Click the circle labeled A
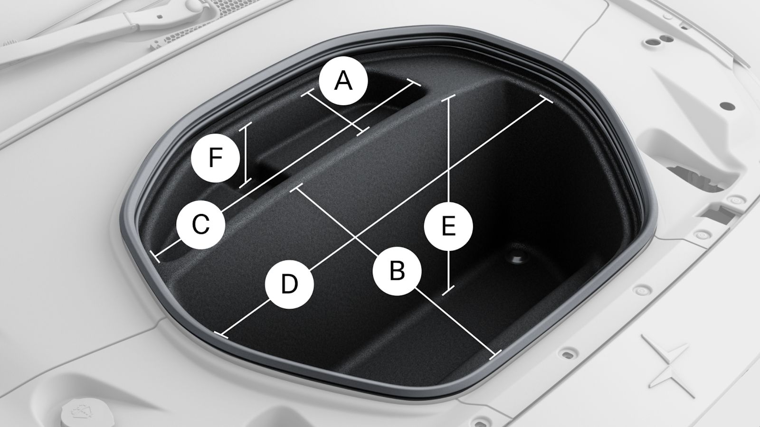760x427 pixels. tap(343, 81)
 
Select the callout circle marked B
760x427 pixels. tap(397, 271)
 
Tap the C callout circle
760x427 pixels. tap(201, 225)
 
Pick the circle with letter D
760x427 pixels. tap(289, 284)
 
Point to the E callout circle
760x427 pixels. tap(448, 226)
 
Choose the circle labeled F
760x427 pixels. tap(216, 158)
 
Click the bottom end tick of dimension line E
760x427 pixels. tap(448, 291)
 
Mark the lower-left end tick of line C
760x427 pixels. tap(155, 257)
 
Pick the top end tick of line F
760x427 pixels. tap(245, 126)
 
